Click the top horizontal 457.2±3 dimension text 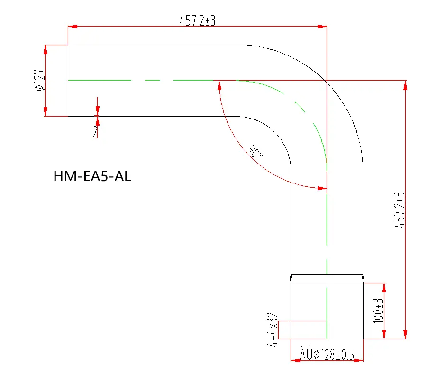tap(197, 20)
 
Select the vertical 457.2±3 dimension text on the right tap(400, 211)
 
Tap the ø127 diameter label tap(40, 80)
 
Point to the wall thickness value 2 tap(96, 132)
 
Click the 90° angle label tap(255, 152)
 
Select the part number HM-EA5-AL tap(92, 177)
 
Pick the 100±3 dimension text tap(378, 311)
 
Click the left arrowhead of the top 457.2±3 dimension tap(73, 26)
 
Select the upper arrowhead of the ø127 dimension tap(46, 49)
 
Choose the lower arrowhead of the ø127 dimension tap(46, 111)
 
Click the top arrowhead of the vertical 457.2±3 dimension tap(405, 85)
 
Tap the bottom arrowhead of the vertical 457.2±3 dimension tap(405, 335)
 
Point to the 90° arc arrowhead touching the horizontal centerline tap(219, 85)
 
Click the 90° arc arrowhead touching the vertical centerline tap(322, 188)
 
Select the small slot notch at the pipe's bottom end tap(327, 330)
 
